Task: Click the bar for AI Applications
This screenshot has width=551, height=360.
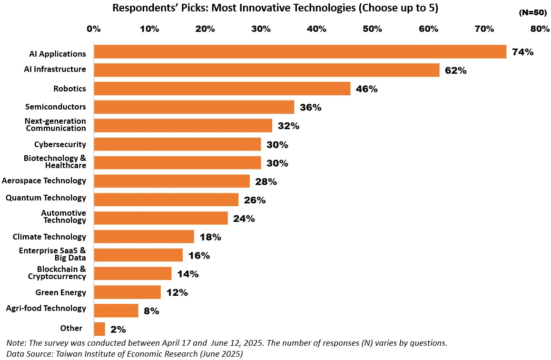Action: coord(300,51)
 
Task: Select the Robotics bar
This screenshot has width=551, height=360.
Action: coord(222,89)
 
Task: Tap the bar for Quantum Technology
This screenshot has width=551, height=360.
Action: coord(166,200)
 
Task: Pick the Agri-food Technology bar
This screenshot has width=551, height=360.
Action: coord(116,310)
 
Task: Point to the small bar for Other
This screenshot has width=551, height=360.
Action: coord(99,329)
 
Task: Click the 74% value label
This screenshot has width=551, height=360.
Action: coord(522,52)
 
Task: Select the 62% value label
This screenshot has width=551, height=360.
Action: coord(455,70)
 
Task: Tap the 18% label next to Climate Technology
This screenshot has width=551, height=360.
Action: coord(210,237)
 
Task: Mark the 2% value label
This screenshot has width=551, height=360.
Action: coord(118,329)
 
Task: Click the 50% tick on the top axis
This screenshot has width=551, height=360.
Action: coord(372,29)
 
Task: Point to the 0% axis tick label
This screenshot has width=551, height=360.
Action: coord(94,29)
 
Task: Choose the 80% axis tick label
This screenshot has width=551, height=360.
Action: coord(540,29)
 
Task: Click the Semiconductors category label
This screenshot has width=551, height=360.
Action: coord(56,107)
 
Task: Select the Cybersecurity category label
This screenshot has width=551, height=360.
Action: coord(60,144)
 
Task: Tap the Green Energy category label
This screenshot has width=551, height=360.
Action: coord(60,292)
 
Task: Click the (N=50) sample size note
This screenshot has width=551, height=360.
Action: coord(533,13)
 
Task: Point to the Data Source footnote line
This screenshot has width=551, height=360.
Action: coord(125,353)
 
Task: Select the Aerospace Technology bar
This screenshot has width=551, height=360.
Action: coord(172,181)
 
